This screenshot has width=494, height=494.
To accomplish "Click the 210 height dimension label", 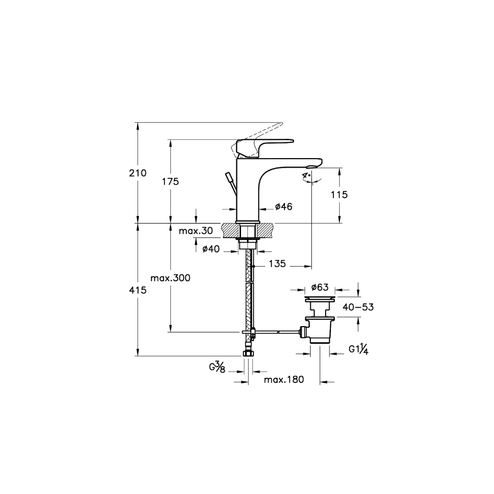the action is click(138, 173).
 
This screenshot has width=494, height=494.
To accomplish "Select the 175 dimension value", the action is click(170, 181).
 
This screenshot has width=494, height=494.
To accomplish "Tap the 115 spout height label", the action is click(339, 195).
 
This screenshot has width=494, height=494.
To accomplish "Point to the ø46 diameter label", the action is click(284, 206).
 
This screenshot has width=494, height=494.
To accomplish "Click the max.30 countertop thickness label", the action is click(196, 231).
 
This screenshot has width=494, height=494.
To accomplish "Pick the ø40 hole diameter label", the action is click(211, 249).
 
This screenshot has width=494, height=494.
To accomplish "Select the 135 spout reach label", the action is click(277, 263).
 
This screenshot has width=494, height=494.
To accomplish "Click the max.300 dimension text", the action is click(170, 278).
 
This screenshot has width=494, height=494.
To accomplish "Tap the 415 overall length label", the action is click(138, 290).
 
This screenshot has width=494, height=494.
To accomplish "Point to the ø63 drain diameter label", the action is click(320, 288).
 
